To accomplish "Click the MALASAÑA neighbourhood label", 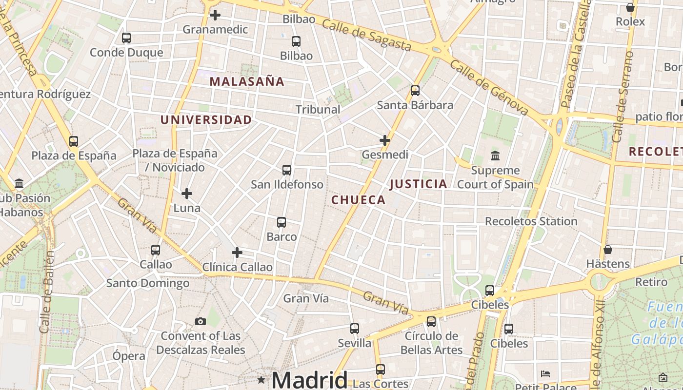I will coord(247,81).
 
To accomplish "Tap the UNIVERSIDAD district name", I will coord(206,120).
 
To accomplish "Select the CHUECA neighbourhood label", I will coord(358,200).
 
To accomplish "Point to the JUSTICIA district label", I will coord(418,184).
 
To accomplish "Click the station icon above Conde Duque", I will coord(126,38).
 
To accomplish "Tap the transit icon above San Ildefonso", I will coord(287,170).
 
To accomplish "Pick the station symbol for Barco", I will coord(281,222).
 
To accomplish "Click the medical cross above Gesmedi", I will coord(385,140).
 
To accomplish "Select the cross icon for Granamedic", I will coord(215,15).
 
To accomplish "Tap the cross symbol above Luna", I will coord(187,194).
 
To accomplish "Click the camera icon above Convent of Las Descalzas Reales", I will coord(201,321).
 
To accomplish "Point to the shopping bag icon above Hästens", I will coord(608,250).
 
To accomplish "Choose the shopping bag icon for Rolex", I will coord(630,7).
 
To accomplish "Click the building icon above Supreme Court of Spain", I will coord(495,156).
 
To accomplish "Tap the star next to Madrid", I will coord(261,379).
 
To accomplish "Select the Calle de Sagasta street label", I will coord(367,36).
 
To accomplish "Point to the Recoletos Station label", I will coord(531,221).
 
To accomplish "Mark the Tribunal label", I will coord(318,110).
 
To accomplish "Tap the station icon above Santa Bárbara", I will coord(415,90).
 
